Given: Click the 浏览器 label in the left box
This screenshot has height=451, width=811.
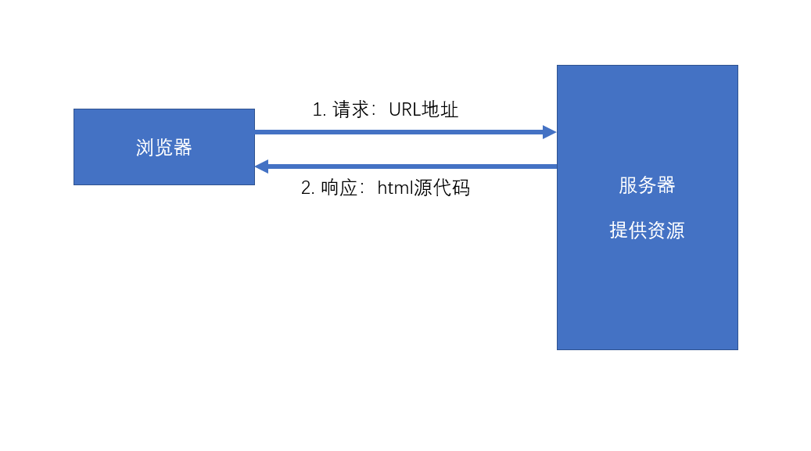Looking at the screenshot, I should click(x=164, y=148).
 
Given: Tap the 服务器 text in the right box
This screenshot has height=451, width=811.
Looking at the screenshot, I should click(x=647, y=185).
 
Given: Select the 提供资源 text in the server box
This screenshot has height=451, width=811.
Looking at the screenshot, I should click(x=647, y=231).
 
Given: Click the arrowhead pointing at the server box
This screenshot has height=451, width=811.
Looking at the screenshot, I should click(x=549, y=132).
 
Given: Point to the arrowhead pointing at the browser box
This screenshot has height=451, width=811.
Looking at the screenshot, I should click(x=262, y=166).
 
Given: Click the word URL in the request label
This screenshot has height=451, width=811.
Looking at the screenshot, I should click(x=404, y=110).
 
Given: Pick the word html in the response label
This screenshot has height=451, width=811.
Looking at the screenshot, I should click(x=394, y=188).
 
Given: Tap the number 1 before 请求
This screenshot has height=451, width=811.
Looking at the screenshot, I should click(x=318, y=110).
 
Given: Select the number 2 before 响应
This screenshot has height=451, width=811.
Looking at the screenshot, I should click(x=306, y=188).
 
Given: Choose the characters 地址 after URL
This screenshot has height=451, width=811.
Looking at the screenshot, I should click(x=440, y=110).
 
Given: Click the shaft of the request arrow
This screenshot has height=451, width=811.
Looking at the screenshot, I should click(x=399, y=132).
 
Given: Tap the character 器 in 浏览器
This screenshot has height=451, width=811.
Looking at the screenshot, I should click(x=183, y=148).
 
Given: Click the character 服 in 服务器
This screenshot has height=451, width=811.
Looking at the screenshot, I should click(x=628, y=185).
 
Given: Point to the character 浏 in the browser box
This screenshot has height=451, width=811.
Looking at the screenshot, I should click(x=145, y=148).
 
